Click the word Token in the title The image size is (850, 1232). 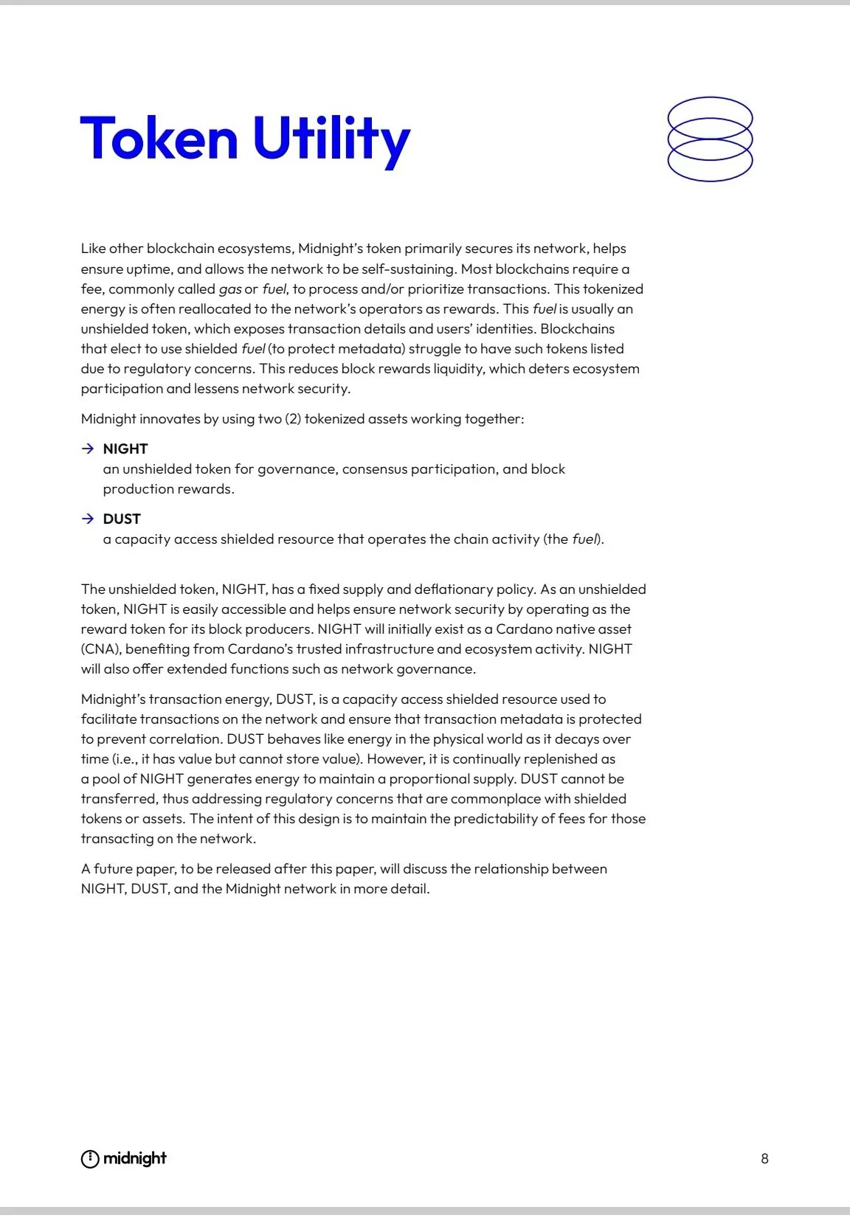159,138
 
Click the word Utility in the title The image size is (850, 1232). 331,140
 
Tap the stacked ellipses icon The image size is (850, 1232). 710,139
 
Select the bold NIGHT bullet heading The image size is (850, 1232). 125,449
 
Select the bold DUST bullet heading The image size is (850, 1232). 122,519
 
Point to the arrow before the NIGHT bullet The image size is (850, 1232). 88,449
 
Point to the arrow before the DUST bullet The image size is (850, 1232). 88,519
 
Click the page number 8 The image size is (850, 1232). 764,1158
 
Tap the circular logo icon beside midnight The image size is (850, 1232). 89,1159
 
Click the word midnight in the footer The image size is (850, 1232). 135,1158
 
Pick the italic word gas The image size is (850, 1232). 230,289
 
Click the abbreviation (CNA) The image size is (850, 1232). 100,649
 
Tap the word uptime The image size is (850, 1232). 148,269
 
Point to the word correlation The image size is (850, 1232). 184,739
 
